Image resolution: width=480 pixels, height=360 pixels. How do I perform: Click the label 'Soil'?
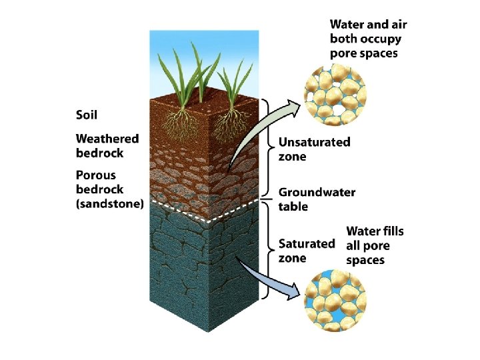click(87, 115)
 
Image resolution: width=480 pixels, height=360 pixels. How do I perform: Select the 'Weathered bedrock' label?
click(107, 145)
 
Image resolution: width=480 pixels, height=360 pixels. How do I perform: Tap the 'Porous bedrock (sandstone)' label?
click(109, 190)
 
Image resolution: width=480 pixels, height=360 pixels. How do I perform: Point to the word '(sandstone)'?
click(109, 205)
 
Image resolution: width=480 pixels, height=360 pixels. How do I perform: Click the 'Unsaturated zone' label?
click(314, 149)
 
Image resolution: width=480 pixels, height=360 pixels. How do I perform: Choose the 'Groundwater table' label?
click(317, 199)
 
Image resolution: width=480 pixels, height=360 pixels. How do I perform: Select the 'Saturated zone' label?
click(307, 251)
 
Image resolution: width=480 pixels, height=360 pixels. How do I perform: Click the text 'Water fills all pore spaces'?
click(375, 245)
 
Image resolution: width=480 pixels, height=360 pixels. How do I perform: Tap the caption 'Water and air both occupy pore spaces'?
click(368, 38)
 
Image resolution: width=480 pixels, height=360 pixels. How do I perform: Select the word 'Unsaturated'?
click(314, 142)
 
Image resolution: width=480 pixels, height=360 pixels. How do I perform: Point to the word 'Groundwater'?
click(317, 192)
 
